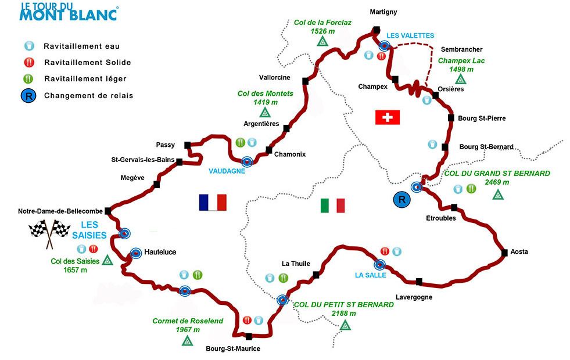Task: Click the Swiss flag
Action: (x=388, y=118)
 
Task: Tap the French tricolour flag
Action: (x=212, y=202)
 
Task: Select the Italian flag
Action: (x=332, y=206)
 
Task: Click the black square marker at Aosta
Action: (x=504, y=252)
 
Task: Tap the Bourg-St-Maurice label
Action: (x=233, y=349)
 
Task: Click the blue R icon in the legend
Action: (x=27, y=96)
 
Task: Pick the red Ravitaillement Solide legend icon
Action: (x=27, y=63)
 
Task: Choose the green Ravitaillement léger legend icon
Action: (x=27, y=79)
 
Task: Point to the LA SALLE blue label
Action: (x=370, y=275)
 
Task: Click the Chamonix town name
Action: (x=289, y=154)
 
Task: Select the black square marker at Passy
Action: (x=187, y=145)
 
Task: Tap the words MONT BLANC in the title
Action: (x=69, y=15)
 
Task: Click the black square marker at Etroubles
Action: (x=454, y=207)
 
